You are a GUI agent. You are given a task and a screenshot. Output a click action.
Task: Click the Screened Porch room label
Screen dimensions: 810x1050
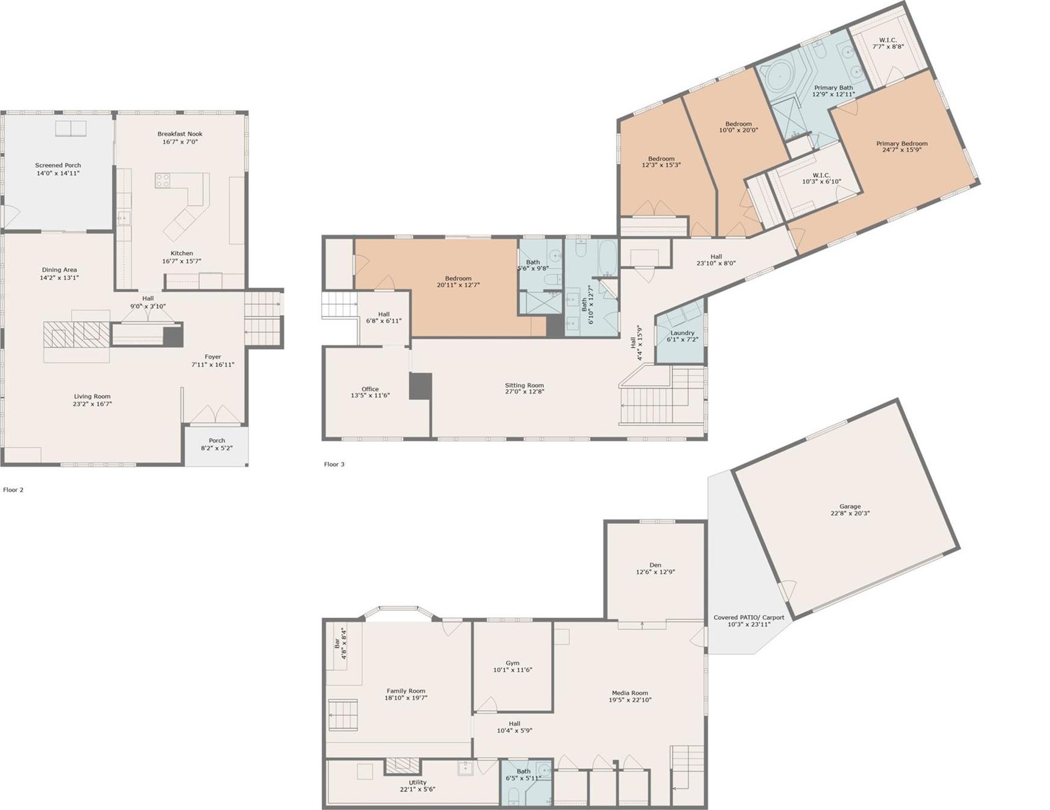pos(58,166)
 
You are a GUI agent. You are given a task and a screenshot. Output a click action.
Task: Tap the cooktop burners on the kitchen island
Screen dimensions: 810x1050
pos(163,180)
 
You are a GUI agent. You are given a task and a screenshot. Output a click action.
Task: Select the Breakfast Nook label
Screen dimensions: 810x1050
pos(180,134)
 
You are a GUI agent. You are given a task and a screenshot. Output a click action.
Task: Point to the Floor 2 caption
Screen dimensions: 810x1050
pos(13,490)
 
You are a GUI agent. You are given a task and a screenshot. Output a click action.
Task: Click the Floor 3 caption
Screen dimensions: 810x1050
pos(334,464)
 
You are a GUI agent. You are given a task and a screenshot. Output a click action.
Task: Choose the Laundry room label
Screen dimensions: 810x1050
pos(682,333)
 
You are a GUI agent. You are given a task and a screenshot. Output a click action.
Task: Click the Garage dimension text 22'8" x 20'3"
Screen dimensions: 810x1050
pos(850,514)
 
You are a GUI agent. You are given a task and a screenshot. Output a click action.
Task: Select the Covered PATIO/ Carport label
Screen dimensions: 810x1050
pos(749,617)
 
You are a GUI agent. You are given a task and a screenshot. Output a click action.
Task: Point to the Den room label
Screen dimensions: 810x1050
pos(655,565)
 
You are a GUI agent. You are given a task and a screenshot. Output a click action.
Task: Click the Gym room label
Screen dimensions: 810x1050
pos(512,663)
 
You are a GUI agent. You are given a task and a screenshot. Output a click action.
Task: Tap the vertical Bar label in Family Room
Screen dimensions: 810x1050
pos(337,643)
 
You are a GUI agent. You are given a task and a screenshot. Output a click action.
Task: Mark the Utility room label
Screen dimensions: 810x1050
pos(417,782)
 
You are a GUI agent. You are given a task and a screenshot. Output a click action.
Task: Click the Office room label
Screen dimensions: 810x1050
pos(370,389)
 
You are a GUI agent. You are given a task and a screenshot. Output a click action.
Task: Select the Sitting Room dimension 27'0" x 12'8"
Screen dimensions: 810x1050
pos(524,392)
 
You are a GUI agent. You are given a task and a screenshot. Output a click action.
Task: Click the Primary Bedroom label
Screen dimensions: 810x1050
pos(902,144)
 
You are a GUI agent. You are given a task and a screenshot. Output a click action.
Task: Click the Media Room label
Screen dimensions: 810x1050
pos(629,693)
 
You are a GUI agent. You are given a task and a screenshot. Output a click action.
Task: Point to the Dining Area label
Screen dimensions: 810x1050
pos(59,270)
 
